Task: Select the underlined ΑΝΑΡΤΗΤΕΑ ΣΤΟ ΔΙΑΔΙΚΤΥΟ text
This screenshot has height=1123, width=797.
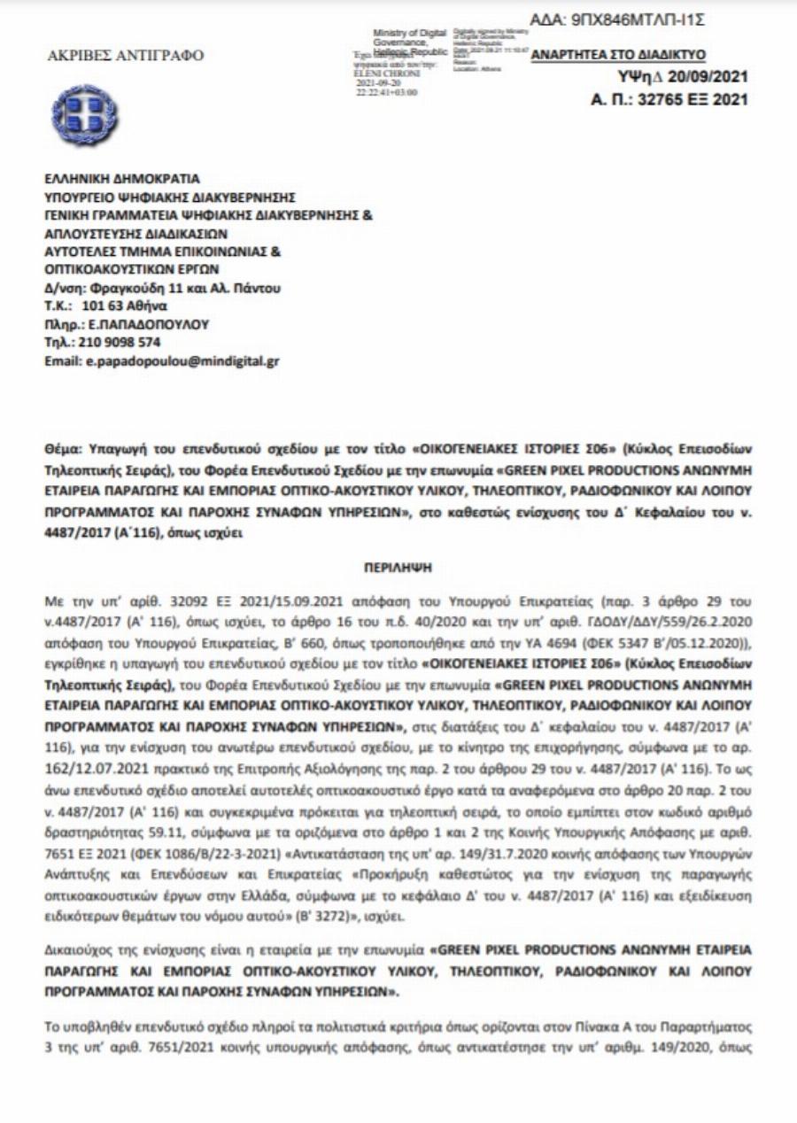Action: click(x=617, y=55)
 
